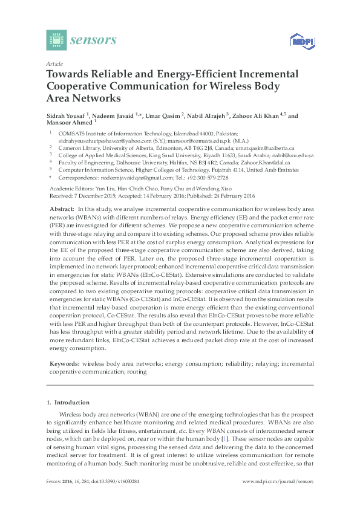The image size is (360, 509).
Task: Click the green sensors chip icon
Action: click(x=56, y=41)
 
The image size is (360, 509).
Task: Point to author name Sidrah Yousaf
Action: click(x=65, y=115)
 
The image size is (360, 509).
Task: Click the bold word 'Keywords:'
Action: click(x=64, y=364)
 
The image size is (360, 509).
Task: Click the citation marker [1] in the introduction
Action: click(x=224, y=437)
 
